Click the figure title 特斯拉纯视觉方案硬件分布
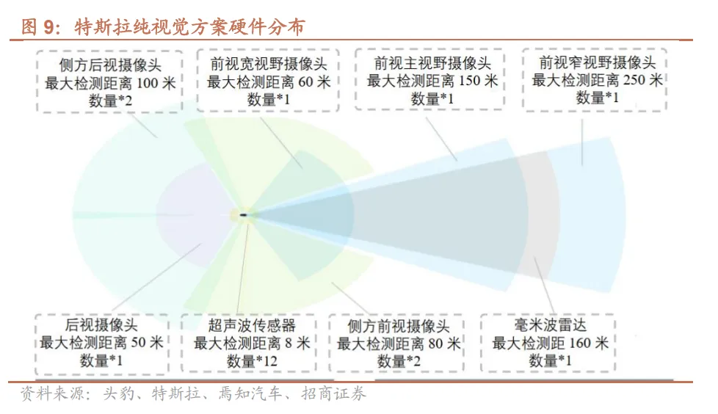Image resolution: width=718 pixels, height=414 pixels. [189, 28]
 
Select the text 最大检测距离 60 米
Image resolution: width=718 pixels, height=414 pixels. [269, 81]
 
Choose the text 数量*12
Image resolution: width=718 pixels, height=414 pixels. [252, 361]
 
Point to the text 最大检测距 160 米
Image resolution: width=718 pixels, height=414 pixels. [550, 343]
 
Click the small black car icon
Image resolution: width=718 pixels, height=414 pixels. [243, 215]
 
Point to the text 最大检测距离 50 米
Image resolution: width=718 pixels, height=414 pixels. [101, 343]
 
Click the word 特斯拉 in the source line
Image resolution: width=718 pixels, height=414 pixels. [173, 395]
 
